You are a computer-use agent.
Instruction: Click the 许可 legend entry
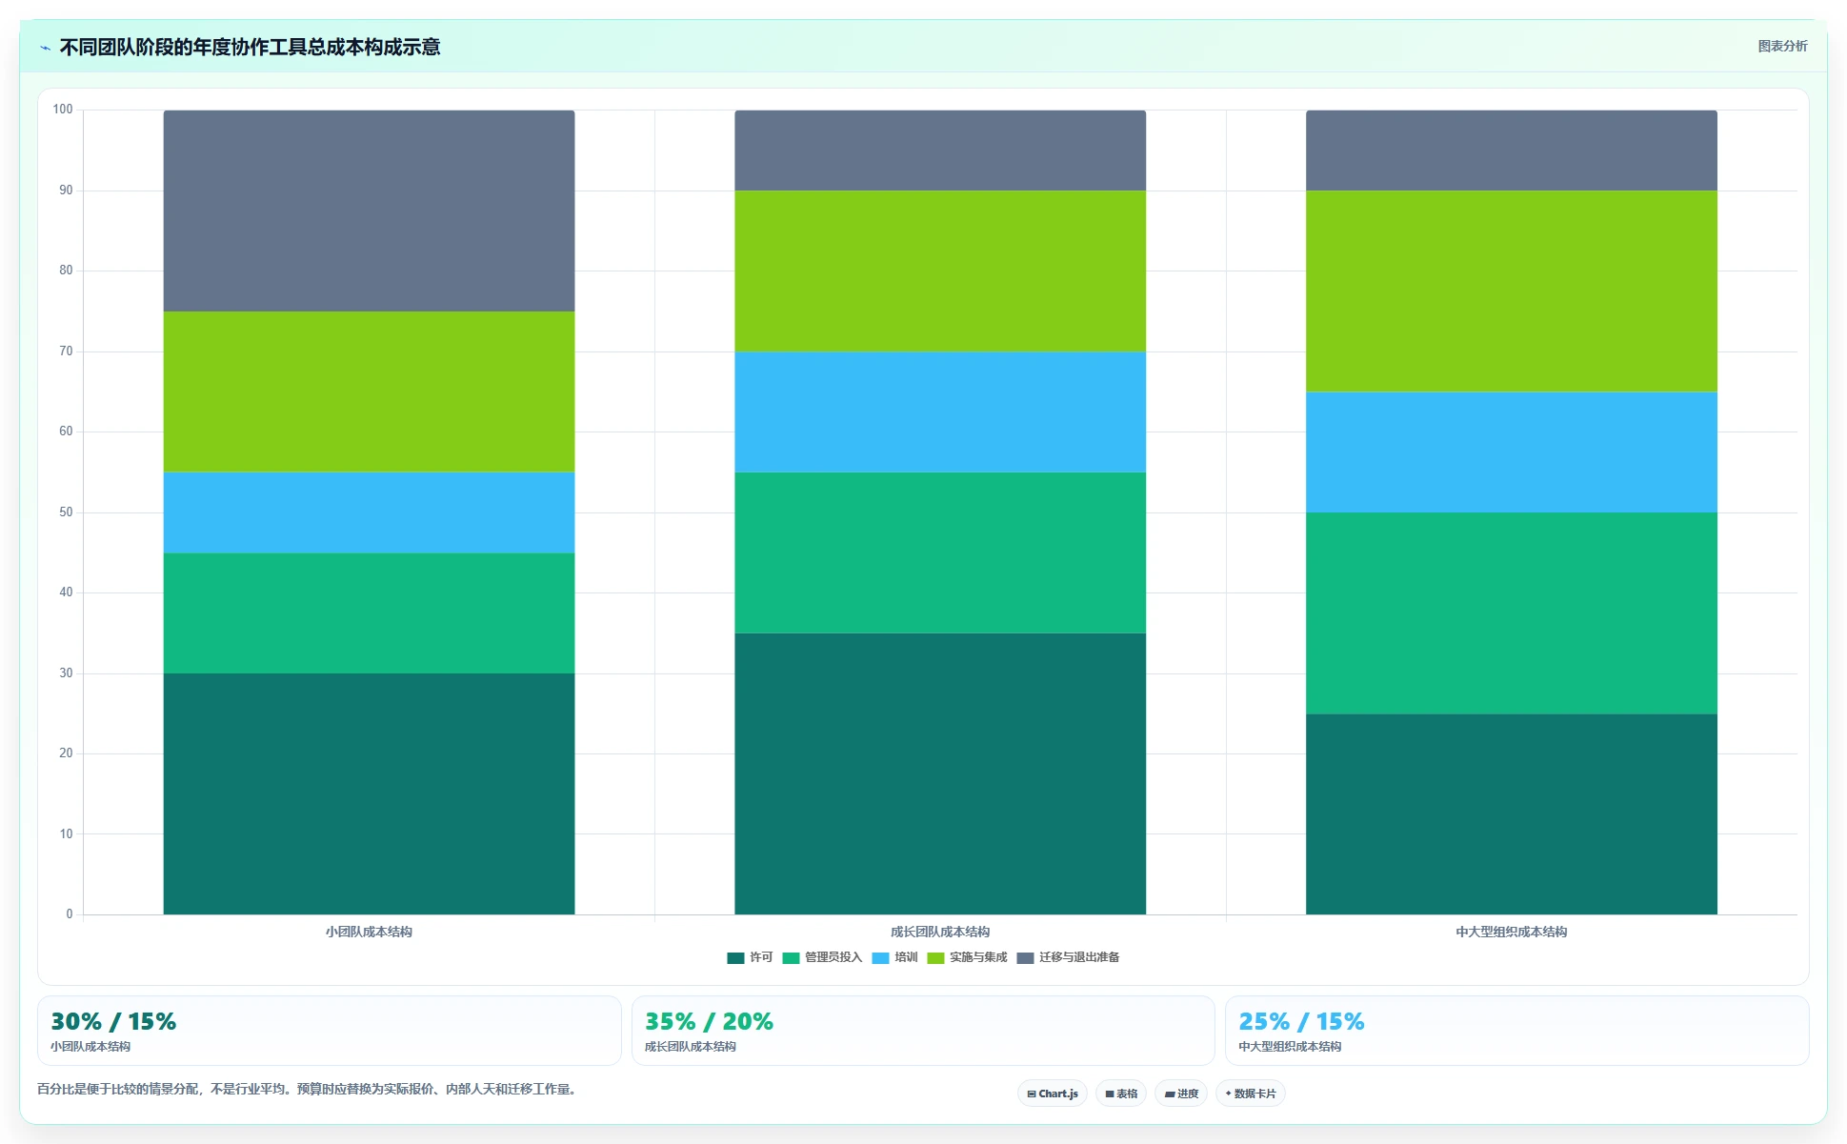[x=750, y=957]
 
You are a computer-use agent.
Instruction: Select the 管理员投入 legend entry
[x=822, y=957]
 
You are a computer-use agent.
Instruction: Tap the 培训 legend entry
[x=894, y=957]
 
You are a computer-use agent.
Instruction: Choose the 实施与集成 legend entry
[x=967, y=957]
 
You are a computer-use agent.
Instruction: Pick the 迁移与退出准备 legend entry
[x=1068, y=957]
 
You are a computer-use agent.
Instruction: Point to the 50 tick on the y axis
[x=66, y=512]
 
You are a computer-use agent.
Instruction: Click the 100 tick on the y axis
[x=63, y=110]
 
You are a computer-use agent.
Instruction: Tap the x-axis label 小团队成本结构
[x=369, y=932]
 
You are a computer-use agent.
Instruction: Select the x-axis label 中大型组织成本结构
[x=1511, y=932]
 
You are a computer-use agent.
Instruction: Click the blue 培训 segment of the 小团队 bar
[x=369, y=512]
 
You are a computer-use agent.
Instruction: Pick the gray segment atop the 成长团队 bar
[x=940, y=151]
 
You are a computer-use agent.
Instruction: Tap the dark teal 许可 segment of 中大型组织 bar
[x=1512, y=814]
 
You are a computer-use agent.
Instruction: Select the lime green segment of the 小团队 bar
[x=369, y=391]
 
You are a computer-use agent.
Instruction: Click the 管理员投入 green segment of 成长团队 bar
[x=940, y=552]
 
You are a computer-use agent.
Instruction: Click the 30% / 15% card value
[x=113, y=1021]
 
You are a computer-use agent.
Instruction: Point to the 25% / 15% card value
[x=1301, y=1021]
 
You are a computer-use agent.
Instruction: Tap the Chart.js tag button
[x=1053, y=1094]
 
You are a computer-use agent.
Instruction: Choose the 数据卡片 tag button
[x=1251, y=1094]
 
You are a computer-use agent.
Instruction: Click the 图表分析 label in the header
[x=1782, y=46]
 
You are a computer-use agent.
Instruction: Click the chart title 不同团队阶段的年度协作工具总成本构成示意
[x=250, y=47]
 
